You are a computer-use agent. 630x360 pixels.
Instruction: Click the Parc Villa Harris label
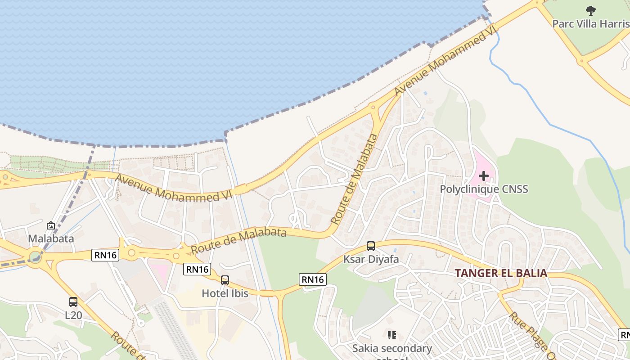590,23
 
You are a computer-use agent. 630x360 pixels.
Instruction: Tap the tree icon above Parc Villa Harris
590,11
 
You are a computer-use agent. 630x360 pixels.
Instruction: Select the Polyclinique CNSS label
484,189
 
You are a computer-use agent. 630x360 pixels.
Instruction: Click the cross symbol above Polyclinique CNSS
484,175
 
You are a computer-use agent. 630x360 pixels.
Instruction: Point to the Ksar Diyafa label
371,259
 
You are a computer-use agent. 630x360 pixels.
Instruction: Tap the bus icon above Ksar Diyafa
371,246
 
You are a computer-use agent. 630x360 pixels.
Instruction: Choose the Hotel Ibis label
225,293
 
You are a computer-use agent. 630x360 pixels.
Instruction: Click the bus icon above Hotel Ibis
225,280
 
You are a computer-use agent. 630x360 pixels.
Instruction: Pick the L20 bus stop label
73,315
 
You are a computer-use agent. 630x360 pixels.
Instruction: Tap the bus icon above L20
73,302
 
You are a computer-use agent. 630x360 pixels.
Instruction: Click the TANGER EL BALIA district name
501,273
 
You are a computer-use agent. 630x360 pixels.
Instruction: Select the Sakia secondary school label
392,348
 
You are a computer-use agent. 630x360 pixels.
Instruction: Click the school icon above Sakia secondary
392,335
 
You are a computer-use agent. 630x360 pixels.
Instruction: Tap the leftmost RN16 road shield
106,255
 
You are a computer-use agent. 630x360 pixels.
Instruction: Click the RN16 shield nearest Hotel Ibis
197,269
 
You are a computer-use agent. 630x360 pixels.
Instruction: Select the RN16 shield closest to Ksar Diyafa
313,279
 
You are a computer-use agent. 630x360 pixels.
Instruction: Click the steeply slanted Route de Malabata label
355,179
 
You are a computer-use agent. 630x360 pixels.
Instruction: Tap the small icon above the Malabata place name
51,225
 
